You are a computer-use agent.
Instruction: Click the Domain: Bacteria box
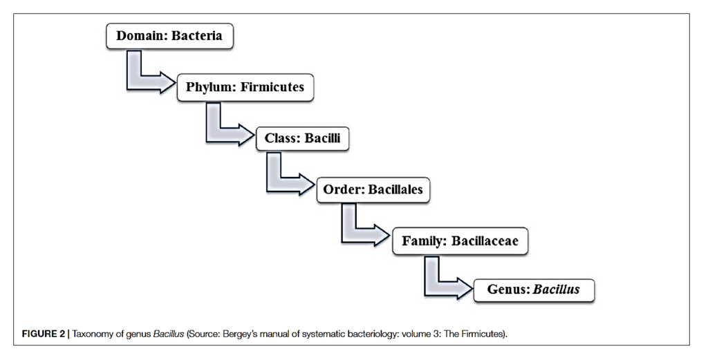[x=169, y=36]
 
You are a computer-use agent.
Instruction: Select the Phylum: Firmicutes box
[x=245, y=88]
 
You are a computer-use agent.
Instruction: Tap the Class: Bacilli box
[x=303, y=138]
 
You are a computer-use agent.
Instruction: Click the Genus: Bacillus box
[x=533, y=290]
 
